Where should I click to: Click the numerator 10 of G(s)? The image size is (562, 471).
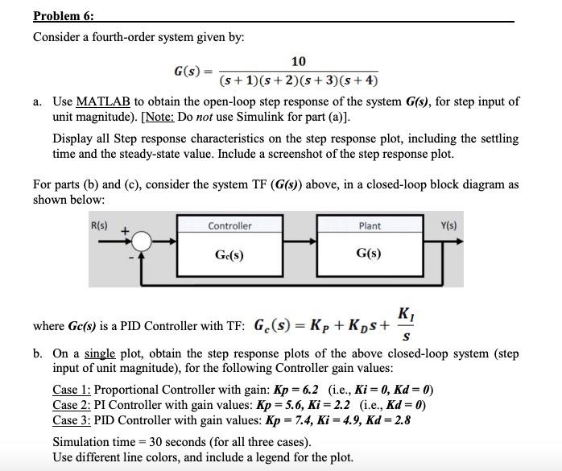pyautogui.click(x=299, y=62)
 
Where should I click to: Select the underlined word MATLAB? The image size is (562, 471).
pyautogui.click(x=103, y=102)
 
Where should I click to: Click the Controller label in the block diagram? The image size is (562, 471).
pyautogui.click(x=229, y=226)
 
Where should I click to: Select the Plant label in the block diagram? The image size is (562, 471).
pyautogui.click(x=370, y=226)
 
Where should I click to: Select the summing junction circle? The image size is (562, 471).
pyautogui.click(x=142, y=241)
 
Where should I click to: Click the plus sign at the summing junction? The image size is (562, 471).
pyautogui.click(x=125, y=232)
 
